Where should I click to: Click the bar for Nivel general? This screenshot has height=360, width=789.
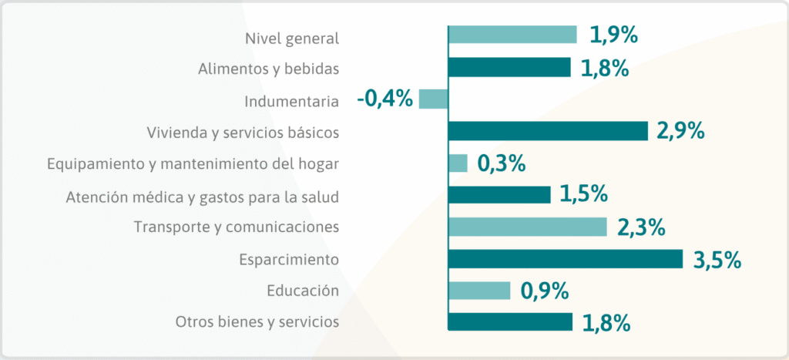(x=512, y=35)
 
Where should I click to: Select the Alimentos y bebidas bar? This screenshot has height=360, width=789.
(x=509, y=68)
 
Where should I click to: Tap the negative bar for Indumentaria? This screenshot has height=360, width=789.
(x=433, y=99)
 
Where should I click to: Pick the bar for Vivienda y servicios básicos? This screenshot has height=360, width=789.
(x=548, y=132)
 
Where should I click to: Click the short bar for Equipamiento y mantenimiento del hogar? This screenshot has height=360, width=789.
(x=458, y=163)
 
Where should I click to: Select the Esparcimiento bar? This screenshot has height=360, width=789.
(x=565, y=259)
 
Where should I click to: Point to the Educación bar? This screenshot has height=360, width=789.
(x=479, y=291)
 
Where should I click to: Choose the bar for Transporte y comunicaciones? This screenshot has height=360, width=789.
(x=528, y=227)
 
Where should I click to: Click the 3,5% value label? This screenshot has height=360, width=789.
(x=717, y=260)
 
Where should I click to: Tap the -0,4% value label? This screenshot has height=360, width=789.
(x=384, y=99)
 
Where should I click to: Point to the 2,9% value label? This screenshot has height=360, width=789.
(x=680, y=132)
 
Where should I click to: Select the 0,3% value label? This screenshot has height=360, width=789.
(x=502, y=163)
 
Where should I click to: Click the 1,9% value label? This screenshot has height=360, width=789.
(x=614, y=35)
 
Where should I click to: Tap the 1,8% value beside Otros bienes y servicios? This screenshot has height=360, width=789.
(x=606, y=323)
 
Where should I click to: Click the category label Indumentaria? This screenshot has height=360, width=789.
(x=291, y=101)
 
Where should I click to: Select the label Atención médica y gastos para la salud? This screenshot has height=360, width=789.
(x=202, y=197)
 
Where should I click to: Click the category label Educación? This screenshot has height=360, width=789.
(x=303, y=291)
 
